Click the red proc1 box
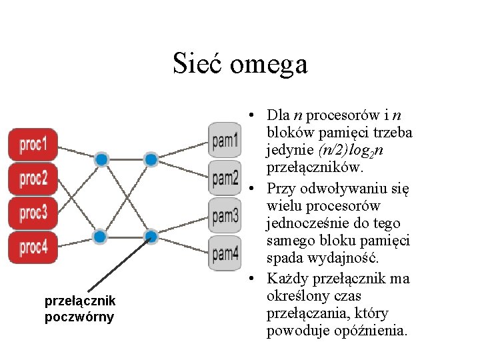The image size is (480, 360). point(33,144)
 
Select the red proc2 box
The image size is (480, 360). point(33,179)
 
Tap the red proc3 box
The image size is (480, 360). point(33,213)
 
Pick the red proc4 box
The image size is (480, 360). point(33,248)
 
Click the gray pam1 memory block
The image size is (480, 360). point(225,140)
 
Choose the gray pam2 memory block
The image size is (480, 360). point(225,177)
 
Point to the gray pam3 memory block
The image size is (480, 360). point(225,215)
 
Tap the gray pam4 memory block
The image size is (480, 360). point(225,253)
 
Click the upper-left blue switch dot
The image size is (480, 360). point(101,159)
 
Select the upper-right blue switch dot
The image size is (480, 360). point(151,159)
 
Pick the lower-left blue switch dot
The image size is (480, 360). point(100,236)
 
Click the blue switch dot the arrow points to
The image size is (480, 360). point(151,235)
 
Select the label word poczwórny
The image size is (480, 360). point(79,317)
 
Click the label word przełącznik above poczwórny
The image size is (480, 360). point(80,301)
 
